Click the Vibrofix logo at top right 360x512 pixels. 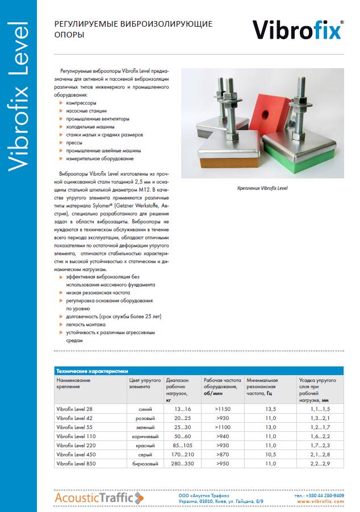pyautogui.click(x=297, y=30)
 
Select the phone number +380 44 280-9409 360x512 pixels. pyautogui.click(x=323, y=495)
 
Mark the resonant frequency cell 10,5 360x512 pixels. pyautogui.click(x=270, y=455)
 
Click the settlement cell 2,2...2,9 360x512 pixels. pyautogui.click(x=320, y=464)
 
